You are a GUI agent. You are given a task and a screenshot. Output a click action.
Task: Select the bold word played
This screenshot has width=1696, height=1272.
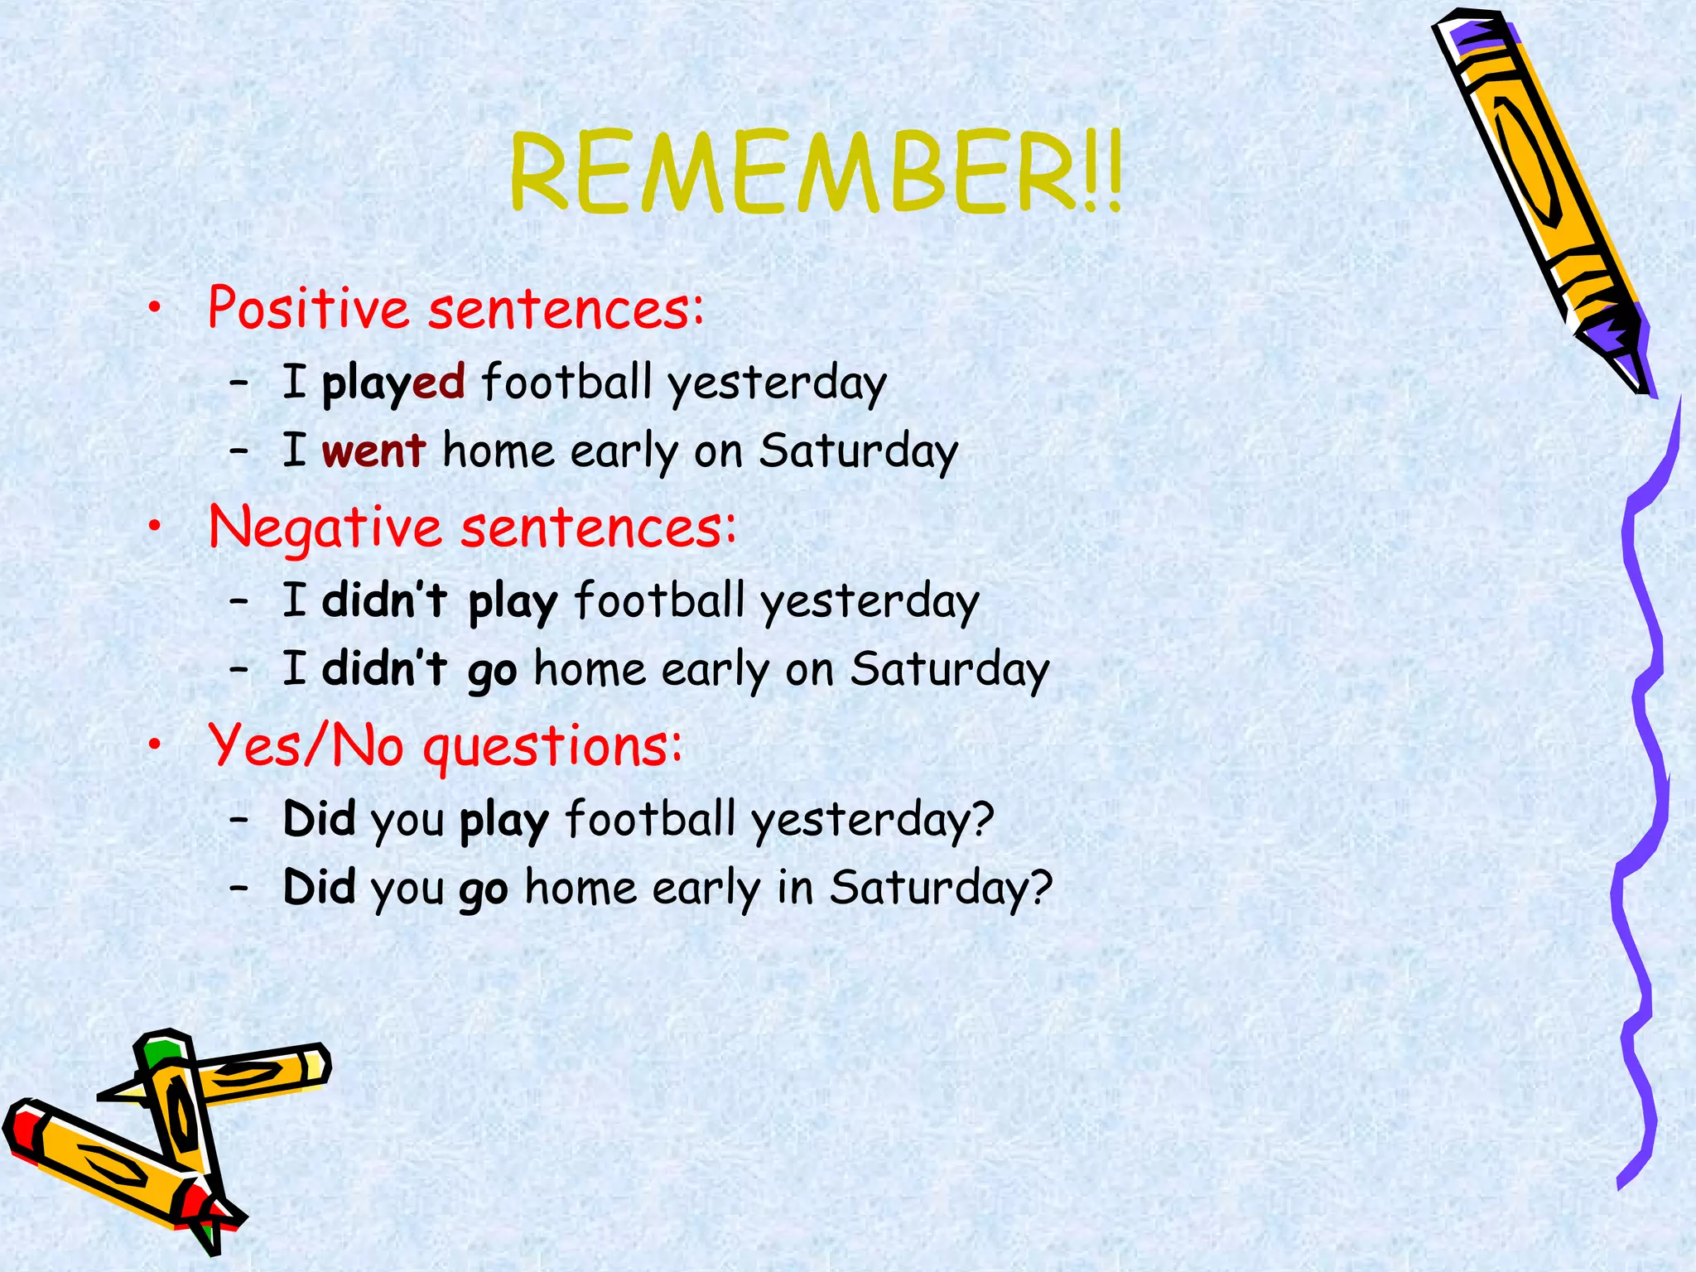coord(393,383)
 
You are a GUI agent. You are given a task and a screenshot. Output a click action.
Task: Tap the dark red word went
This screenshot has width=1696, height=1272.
coord(373,451)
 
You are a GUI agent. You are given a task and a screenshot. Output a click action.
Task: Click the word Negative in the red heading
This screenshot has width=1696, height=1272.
coord(325,528)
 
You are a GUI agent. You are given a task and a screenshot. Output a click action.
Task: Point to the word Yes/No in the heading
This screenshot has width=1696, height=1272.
coord(306,744)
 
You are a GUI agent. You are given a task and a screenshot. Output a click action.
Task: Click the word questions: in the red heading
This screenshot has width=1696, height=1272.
coord(553,746)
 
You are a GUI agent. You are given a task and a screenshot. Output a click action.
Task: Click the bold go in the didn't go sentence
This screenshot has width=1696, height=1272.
coord(492,671)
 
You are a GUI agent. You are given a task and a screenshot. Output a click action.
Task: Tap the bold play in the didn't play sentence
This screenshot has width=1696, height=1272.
coord(513,602)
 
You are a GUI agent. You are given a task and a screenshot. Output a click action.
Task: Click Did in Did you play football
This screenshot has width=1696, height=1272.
coord(319,819)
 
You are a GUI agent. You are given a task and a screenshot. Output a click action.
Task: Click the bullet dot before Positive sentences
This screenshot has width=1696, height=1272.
coord(154,309)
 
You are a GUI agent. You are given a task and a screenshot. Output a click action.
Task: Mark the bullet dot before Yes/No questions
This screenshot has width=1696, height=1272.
coord(154,746)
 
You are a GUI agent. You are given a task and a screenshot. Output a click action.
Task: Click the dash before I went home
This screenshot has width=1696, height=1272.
coord(239,451)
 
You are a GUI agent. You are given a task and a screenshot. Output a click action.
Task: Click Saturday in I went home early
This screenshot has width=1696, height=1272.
coord(859,451)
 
